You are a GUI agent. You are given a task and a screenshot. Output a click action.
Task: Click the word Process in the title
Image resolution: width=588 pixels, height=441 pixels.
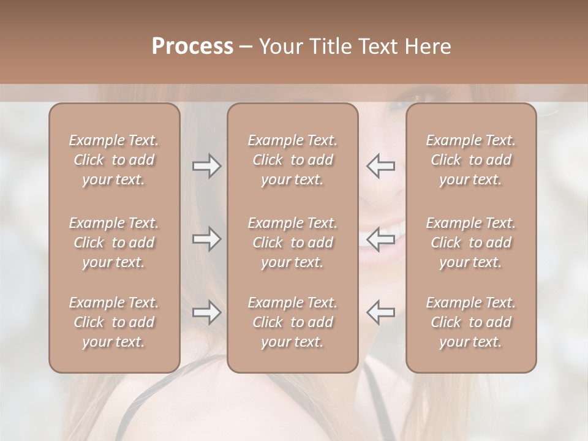pyautogui.click(x=192, y=47)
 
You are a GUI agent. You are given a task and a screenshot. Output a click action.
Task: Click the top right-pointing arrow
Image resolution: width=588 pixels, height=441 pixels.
pyautogui.click(x=206, y=166)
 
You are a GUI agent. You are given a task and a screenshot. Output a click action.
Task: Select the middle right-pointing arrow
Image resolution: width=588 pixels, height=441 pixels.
pyautogui.click(x=206, y=239)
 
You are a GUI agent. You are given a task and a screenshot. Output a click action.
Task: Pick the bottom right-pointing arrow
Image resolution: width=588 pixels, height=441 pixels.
pyautogui.click(x=206, y=312)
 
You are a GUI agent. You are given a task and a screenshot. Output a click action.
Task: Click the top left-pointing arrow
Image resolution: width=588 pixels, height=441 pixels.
pyautogui.click(x=381, y=166)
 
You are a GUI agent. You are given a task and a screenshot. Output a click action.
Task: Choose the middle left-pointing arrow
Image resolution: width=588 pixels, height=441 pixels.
pyautogui.click(x=381, y=239)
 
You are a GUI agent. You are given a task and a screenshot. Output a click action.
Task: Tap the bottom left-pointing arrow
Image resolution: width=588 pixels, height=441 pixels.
pyautogui.click(x=381, y=312)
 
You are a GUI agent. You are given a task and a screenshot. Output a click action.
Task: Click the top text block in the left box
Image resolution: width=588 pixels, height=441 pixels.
pyautogui.click(x=114, y=160)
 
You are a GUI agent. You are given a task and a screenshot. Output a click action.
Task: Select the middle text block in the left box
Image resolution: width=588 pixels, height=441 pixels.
pyautogui.click(x=114, y=243)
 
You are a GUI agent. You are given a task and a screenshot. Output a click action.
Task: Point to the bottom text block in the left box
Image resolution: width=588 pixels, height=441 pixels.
pyautogui.click(x=114, y=322)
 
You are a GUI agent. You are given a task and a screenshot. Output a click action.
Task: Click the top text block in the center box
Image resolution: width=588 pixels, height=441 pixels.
pyautogui.click(x=292, y=160)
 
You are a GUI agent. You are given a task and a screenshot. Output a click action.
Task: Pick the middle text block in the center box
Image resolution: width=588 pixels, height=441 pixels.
pyautogui.click(x=292, y=243)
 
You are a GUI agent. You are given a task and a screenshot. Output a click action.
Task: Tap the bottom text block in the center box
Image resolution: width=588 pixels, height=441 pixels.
pyautogui.click(x=292, y=322)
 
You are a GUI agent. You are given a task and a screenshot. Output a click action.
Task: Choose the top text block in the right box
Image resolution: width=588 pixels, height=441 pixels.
pyautogui.click(x=470, y=160)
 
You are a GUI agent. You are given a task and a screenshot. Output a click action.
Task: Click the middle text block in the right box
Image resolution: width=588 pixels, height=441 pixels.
pyautogui.click(x=470, y=243)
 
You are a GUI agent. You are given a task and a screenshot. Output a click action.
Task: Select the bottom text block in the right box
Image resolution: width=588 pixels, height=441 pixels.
pyautogui.click(x=470, y=322)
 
